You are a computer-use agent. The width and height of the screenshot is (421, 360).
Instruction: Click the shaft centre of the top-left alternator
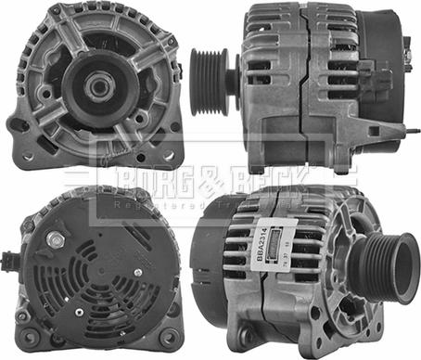(96, 87)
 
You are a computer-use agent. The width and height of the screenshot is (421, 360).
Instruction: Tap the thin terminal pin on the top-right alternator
(407, 56)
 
